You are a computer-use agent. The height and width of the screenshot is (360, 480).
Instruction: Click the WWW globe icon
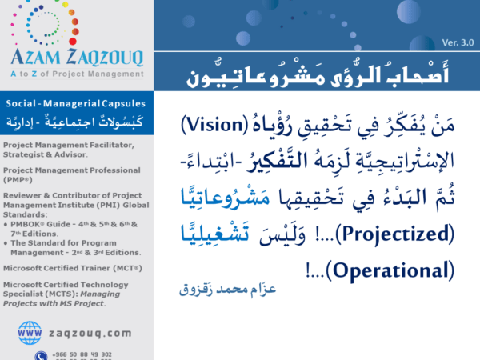[x=30, y=330]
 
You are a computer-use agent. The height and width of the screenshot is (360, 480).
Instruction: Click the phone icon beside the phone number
[x=40, y=354]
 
